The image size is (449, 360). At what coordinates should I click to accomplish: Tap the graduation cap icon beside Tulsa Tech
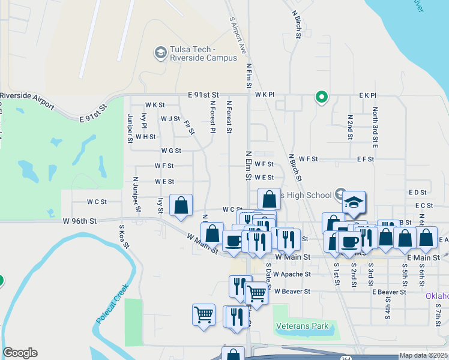coord(160,53)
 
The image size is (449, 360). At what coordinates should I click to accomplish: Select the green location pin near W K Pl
coord(322,96)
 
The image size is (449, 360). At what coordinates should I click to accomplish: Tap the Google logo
coord(20,353)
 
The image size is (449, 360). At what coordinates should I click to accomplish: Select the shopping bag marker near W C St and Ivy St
coord(181,206)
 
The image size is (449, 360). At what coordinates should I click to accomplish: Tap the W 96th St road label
coord(79,221)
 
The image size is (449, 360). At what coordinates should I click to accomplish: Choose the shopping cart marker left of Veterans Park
coord(203,315)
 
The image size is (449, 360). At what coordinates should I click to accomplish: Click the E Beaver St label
coord(390,292)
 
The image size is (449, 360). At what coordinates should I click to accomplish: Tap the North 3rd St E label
coord(375,128)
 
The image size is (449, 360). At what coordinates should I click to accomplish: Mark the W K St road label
coord(154,105)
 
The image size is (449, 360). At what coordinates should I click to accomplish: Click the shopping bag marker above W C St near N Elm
coord(270,199)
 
